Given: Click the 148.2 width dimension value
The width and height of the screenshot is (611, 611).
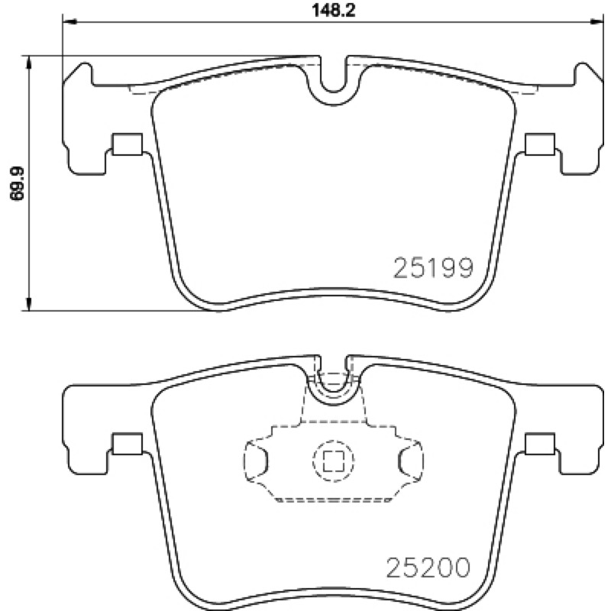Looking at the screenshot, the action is point(334,11).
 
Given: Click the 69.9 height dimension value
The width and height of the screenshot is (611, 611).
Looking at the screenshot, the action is point(17,183).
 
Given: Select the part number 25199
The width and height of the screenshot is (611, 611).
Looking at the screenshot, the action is point(433,268).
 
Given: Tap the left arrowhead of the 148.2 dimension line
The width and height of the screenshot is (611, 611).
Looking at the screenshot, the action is point(69,22).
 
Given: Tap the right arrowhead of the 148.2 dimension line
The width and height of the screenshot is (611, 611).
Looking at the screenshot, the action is point(597,22).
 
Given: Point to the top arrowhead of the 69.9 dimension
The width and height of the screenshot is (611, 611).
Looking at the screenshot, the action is point(28,63).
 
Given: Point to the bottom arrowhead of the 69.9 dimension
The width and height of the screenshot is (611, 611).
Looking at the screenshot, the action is point(28,304).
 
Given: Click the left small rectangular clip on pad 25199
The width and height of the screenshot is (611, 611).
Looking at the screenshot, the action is point(127,144).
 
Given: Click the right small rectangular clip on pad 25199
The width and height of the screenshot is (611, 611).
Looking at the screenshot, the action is point(540,144).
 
